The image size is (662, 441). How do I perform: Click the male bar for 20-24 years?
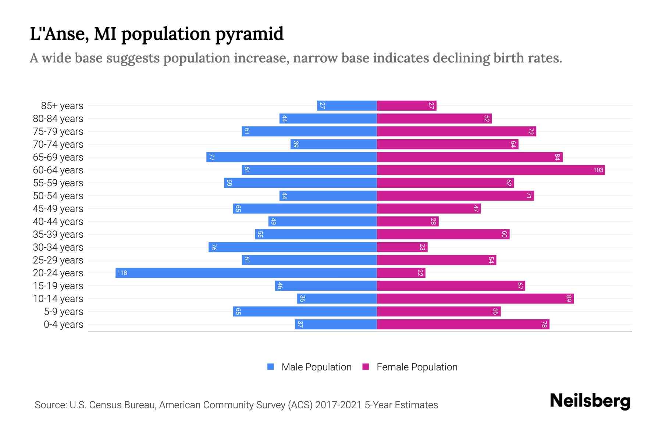(x=246, y=273)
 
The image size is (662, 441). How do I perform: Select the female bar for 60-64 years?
(x=491, y=170)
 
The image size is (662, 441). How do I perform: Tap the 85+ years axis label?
(x=62, y=106)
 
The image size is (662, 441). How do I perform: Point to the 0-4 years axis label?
(x=63, y=325)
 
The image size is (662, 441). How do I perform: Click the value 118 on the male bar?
(x=122, y=273)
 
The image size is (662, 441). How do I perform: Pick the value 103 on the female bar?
(x=598, y=170)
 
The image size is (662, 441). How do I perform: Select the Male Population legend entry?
(x=309, y=367)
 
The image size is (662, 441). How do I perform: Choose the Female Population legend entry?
(x=410, y=367)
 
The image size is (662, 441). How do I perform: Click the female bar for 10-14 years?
(x=475, y=298)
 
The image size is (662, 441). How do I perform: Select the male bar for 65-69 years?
(x=291, y=157)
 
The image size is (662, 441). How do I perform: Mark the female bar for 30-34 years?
(x=402, y=247)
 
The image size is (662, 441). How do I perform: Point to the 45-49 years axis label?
(x=58, y=209)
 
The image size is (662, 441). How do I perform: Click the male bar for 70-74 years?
(x=334, y=144)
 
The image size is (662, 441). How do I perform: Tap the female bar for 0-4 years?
(x=463, y=324)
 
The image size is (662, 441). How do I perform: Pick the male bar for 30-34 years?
(x=292, y=247)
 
